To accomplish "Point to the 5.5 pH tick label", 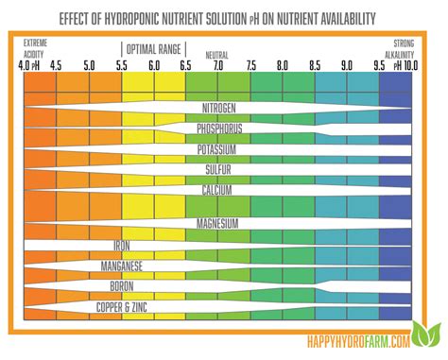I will tap(121, 66).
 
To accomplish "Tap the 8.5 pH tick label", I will tap(315, 66).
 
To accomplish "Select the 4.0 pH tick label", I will tap(29, 66).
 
